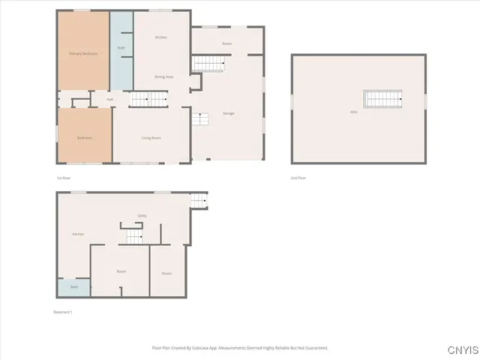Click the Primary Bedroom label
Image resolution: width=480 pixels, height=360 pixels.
[x=85, y=54]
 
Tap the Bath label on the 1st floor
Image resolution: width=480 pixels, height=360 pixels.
[x=121, y=48]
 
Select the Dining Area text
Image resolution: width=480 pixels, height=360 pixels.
[x=164, y=76]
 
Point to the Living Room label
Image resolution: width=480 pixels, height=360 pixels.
[x=151, y=137]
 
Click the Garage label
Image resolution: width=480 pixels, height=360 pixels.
[x=229, y=113]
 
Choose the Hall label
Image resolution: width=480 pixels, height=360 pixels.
[x=109, y=99]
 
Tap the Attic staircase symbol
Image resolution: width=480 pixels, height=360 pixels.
[x=383, y=98]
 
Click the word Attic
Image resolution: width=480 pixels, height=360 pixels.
[x=353, y=112]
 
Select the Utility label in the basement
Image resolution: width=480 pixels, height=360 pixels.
[x=142, y=216]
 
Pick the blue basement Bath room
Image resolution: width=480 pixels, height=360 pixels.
[x=74, y=287]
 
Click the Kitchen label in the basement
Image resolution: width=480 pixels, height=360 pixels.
[x=78, y=234]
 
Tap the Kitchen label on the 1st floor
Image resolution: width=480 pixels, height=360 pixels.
[x=160, y=37]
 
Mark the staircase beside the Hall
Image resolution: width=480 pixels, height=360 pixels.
[x=148, y=98]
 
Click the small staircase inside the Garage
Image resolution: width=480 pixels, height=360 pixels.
[x=199, y=118]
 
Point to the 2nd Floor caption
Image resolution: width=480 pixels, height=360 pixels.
[x=298, y=178]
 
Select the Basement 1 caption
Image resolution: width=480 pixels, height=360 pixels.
[x=63, y=312]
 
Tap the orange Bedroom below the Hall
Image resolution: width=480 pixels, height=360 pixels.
[x=85, y=137]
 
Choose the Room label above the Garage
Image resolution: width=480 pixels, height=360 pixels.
[x=227, y=44]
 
